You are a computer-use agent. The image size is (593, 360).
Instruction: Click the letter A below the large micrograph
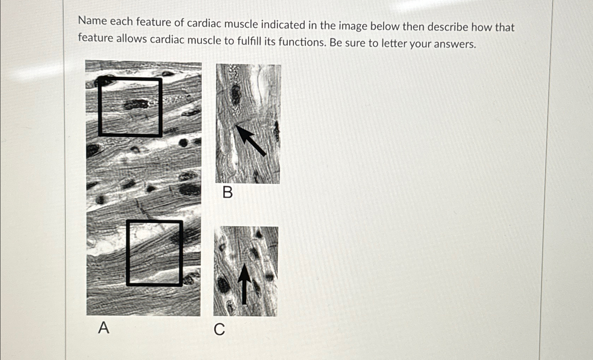click(x=103, y=328)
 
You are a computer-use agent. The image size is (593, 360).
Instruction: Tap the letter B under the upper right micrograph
click(x=228, y=192)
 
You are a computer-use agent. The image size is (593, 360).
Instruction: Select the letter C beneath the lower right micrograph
click(x=219, y=330)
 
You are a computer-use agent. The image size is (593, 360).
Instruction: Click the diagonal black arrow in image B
click(x=251, y=141)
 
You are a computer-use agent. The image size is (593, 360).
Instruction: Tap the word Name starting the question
click(x=93, y=21)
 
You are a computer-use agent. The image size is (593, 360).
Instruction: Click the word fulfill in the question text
click(x=249, y=41)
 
